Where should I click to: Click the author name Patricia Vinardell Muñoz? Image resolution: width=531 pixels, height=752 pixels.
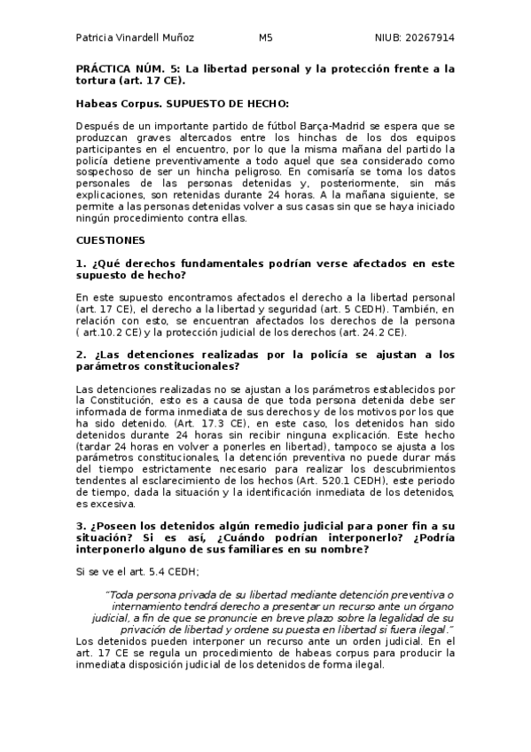point(135,38)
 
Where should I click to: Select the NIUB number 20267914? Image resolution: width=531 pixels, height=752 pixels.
point(429,38)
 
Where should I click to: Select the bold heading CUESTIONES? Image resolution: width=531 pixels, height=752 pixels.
point(111,240)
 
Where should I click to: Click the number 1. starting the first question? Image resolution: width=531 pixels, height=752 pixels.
point(81,264)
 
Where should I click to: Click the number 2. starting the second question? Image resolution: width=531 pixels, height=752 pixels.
point(81,355)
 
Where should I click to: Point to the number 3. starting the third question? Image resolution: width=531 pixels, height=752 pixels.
point(81,526)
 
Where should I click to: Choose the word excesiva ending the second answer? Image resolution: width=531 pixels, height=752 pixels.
point(99,504)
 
